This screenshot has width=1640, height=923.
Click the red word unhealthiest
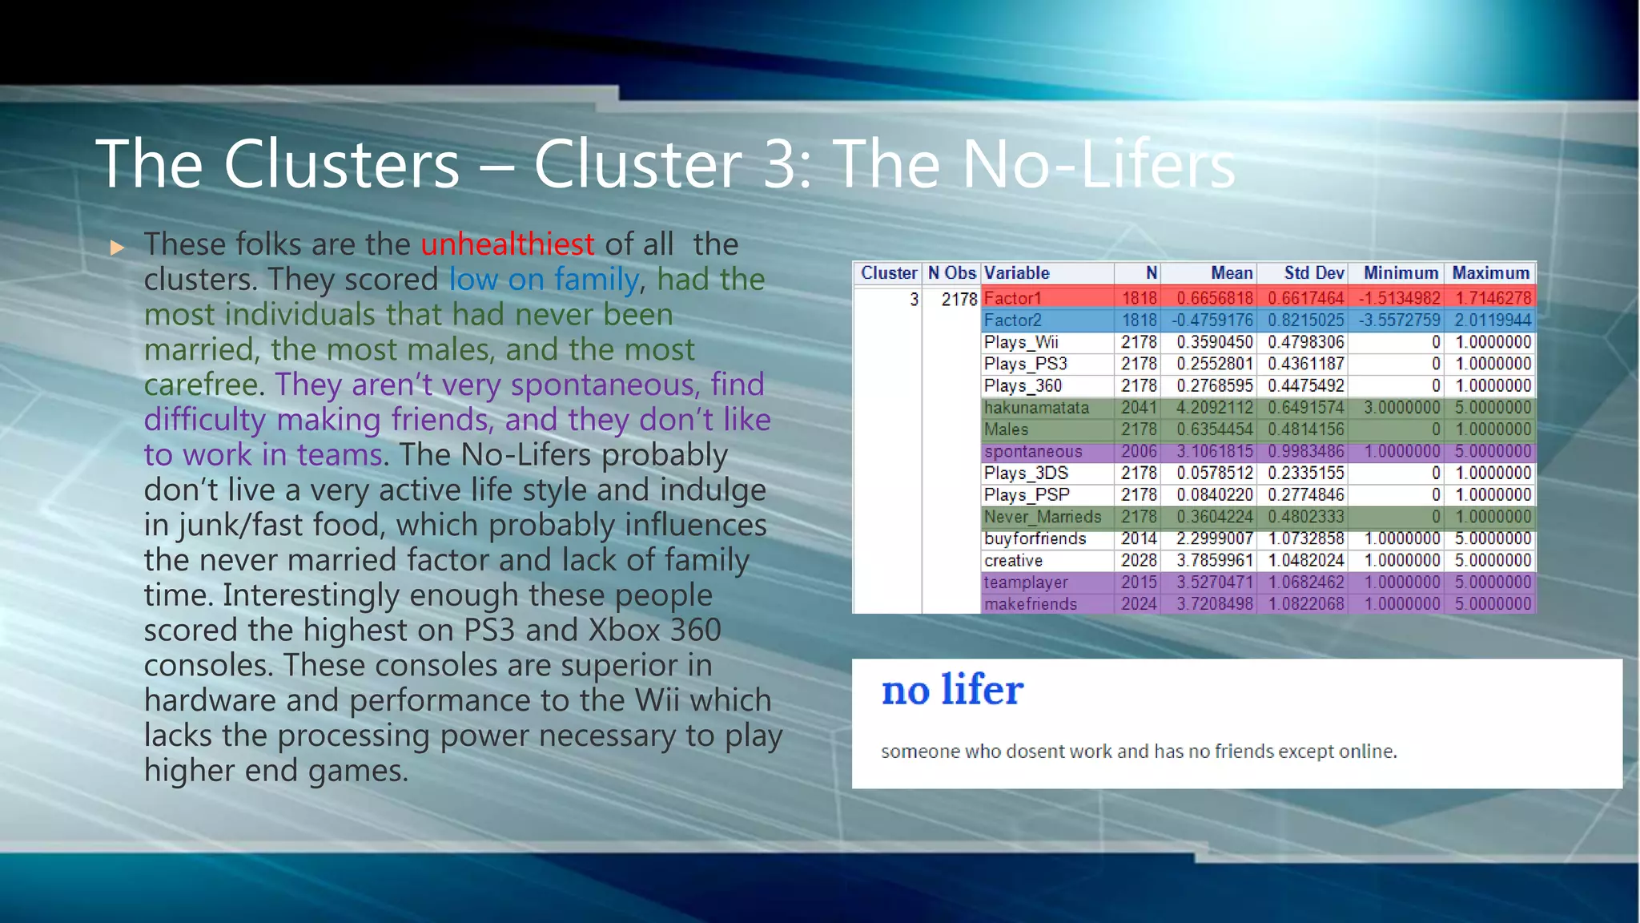(x=507, y=244)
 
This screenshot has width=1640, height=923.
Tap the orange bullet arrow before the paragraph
(x=118, y=248)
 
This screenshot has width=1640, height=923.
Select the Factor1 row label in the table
(x=1013, y=298)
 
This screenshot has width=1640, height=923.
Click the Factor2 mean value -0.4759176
(x=1213, y=320)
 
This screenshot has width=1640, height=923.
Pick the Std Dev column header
(x=1313, y=273)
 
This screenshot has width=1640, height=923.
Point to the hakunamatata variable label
(x=1036, y=408)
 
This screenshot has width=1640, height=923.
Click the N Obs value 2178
(x=959, y=300)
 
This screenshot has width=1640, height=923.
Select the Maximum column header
(x=1490, y=273)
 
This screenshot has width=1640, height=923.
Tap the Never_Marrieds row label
(x=1042, y=517)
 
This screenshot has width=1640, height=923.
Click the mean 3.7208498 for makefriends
(x=1214, y=604)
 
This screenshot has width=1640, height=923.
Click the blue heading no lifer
(x=952, y=690)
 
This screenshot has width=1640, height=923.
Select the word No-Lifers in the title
(x=1098, y=164)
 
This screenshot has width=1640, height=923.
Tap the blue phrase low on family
(x=543, y=280)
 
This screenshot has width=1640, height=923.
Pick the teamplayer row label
(x=1026, y=582)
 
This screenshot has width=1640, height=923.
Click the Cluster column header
(x=888, y=273)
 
